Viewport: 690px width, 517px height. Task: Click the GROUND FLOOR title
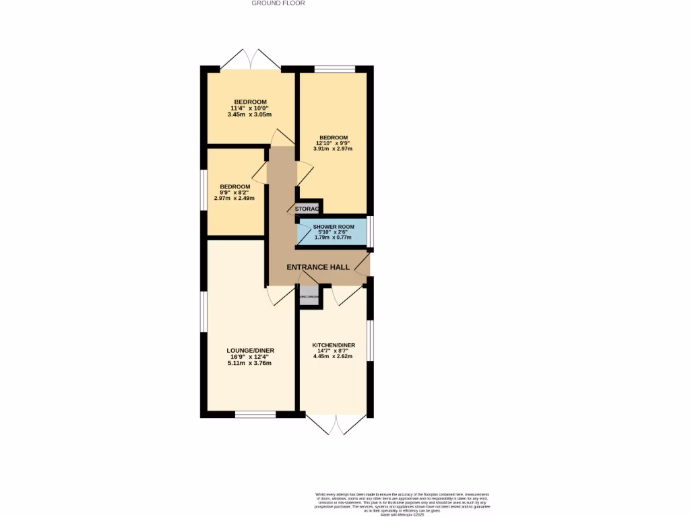click(278, 3)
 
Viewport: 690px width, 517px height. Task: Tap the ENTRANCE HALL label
click(318, 267)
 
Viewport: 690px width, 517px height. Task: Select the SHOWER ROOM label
click(333, 227)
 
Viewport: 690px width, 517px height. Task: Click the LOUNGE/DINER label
click(251, 351)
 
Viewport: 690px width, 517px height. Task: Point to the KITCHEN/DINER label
click(334, 346)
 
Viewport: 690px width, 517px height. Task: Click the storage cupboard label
click(307, 209)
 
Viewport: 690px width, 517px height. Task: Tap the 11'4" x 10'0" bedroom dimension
click(250, 108)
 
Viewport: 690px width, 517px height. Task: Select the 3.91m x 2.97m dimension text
click(333, 149)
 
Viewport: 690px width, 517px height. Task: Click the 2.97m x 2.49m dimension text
click(234, 198)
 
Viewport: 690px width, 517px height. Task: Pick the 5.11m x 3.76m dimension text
click(251, 364)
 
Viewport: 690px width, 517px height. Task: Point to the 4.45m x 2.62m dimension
click(334, 357)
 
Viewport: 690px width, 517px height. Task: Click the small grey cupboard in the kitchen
click(309, 297)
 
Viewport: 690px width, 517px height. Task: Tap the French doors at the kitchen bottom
click(334, 423)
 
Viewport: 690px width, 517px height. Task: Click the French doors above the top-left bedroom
click(250, 59)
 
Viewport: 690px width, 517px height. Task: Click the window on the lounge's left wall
click(203, 312)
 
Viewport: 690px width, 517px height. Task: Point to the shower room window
click(370, 232)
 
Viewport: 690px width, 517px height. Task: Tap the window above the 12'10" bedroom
click(335, 68)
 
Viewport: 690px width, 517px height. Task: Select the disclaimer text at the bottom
click(403, 504)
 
